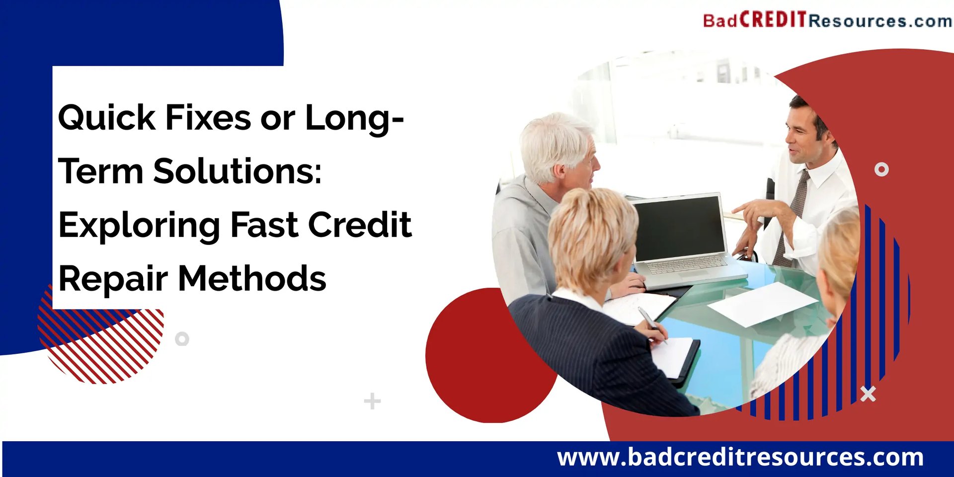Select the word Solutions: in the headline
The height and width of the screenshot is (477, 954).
point(238,171)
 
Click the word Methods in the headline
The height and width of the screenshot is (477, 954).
point(252,278)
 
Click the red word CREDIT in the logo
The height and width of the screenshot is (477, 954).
point(773,20)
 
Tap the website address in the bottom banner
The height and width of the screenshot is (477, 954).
point(740,457)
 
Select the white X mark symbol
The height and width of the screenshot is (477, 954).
point(868,394)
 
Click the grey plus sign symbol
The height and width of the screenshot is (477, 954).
point(372,401)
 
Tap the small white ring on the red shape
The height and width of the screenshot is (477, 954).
point(881,169)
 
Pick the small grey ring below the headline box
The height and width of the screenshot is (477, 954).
point(182,339)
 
